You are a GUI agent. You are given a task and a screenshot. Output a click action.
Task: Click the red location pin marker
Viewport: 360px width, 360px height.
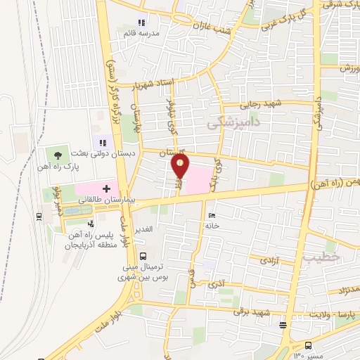tap(181, 166)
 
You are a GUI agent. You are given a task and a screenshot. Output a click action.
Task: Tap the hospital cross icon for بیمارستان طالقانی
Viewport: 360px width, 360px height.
tap(107, 188)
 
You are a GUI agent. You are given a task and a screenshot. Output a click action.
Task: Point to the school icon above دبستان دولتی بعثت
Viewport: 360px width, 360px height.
tap(103, 143)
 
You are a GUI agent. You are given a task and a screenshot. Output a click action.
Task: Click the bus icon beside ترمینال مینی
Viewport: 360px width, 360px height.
tap(143, 256)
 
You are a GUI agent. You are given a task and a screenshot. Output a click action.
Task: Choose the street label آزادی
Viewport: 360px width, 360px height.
tap(269, 260)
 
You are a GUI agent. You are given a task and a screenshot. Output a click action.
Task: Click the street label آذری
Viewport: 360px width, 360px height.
tap(214, 285)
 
